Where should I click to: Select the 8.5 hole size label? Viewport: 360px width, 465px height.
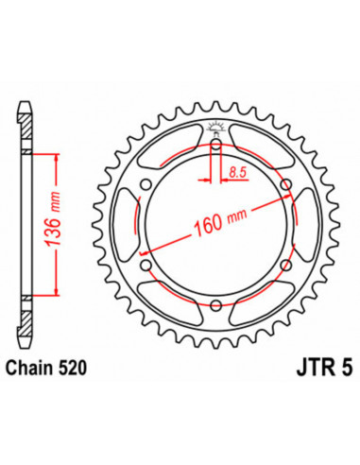(x=238, y=173)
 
